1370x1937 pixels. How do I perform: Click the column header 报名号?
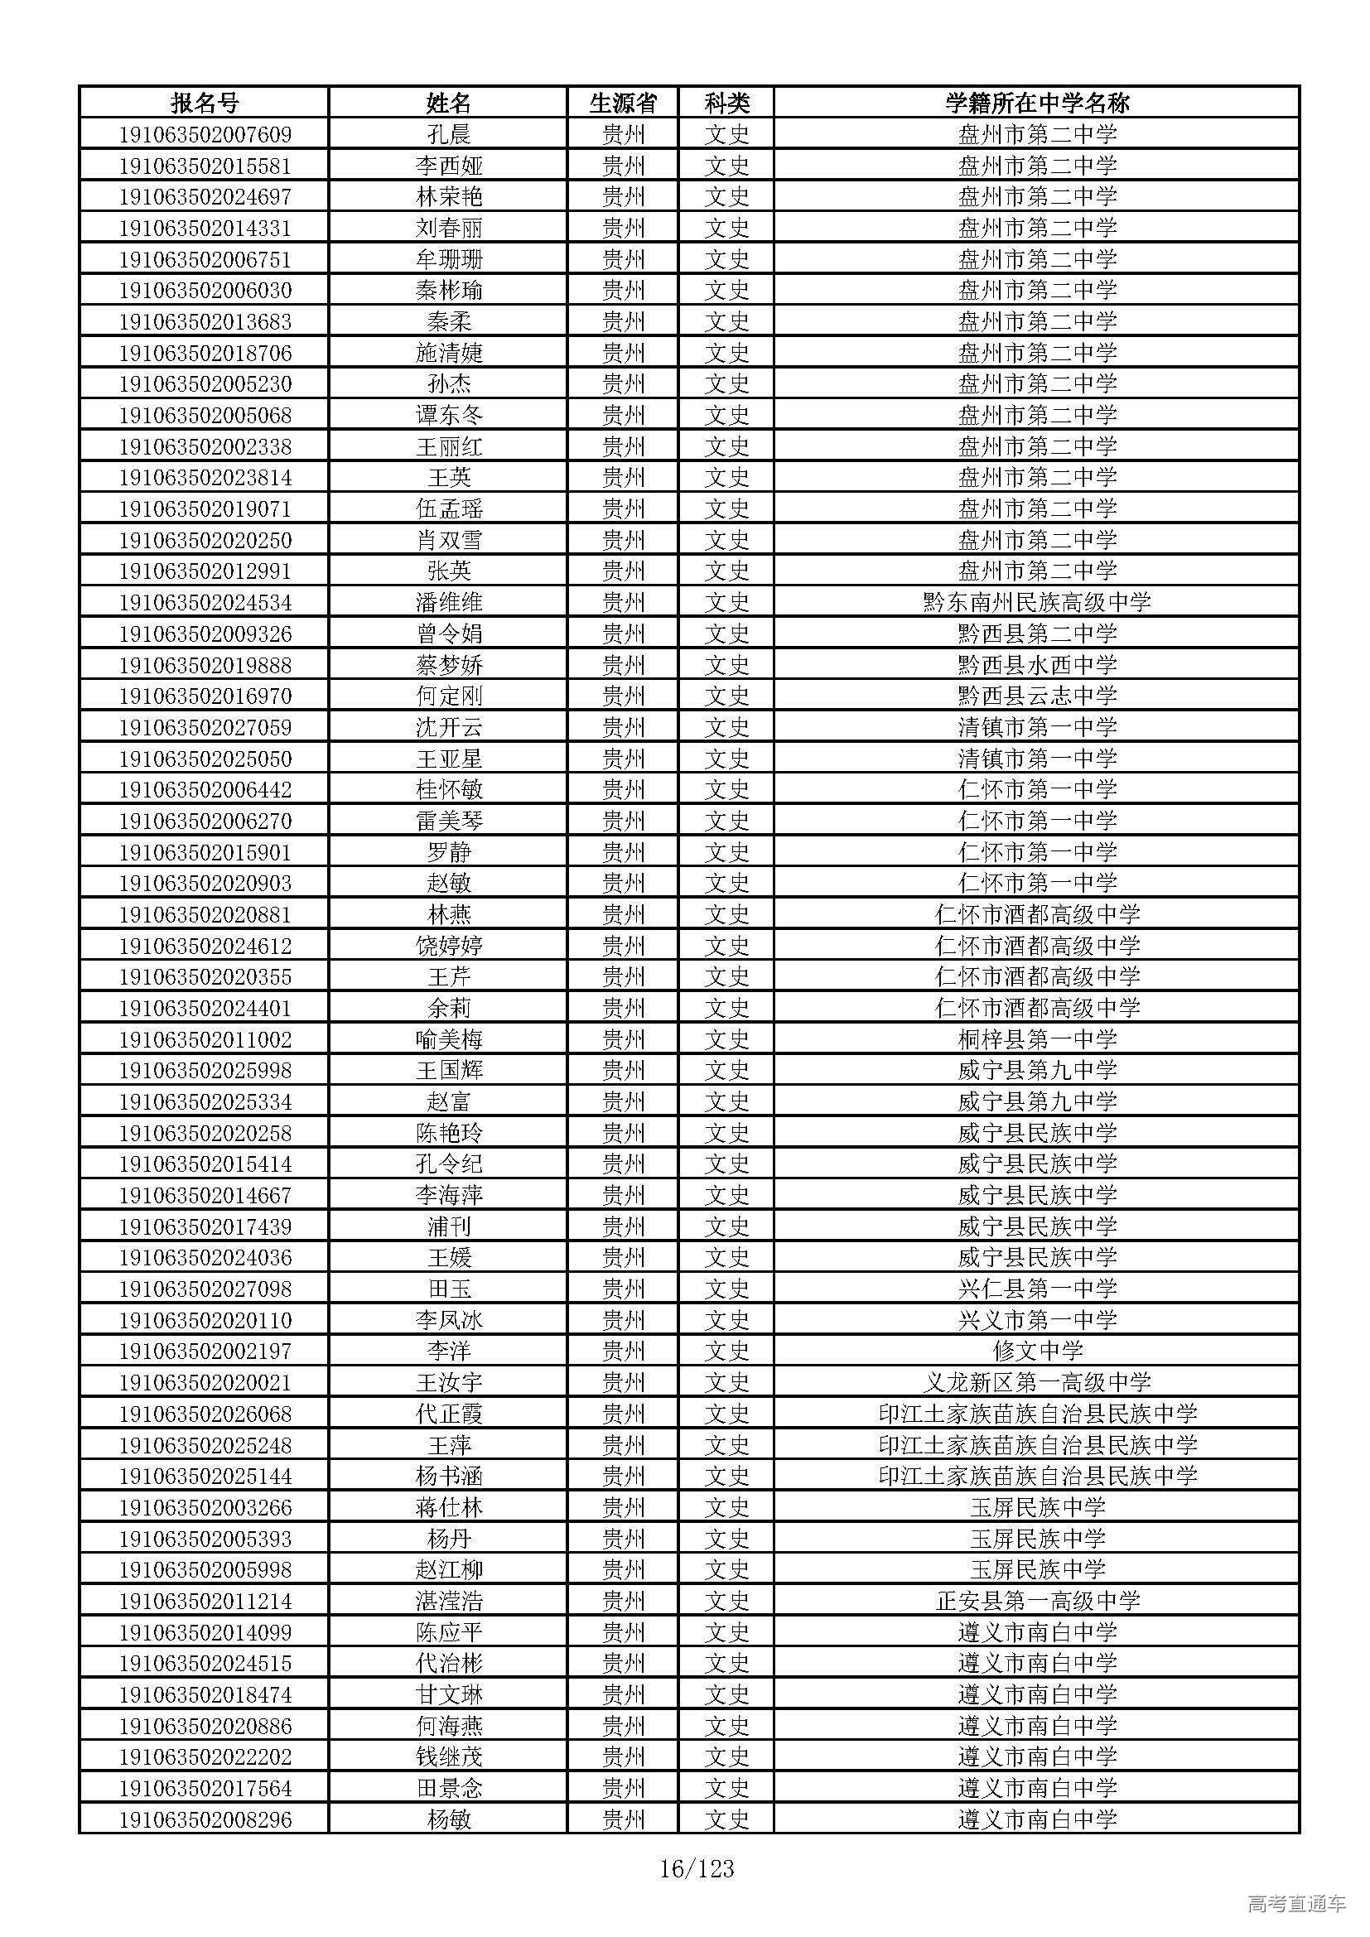click(x=204, y=103)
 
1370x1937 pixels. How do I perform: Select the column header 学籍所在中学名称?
click(x=1037, y=103)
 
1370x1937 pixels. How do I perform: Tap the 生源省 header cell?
click(x=623, y=103)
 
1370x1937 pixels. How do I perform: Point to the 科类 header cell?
click(x=726, y=103)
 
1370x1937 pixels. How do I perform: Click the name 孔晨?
click(x=448, y=134)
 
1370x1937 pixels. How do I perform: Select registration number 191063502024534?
click(x=204, y=602)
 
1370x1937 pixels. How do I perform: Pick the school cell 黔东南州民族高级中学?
click(x=1037, y=602)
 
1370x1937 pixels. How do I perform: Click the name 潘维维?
click(x=448, y=602)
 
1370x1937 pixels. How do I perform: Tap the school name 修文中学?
click(x=1037, y=1351)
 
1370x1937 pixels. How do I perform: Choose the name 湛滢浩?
click(x=448, y=1601)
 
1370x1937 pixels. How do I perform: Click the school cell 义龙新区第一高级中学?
click(x=1037, y=1382)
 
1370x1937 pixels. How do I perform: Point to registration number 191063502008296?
click(x=204, y=1819)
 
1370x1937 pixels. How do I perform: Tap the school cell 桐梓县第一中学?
click(x=1037, y=1039)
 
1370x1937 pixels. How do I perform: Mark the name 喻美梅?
click(x=448, y=1039)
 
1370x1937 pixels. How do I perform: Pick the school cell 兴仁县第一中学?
click(x=1037, y=1289)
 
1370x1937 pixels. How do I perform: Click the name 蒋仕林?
click(x=448, y=1506)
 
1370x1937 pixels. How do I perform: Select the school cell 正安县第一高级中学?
click(x=1037, y=1601)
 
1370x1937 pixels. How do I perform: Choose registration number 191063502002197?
click(x=204, y=1351)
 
